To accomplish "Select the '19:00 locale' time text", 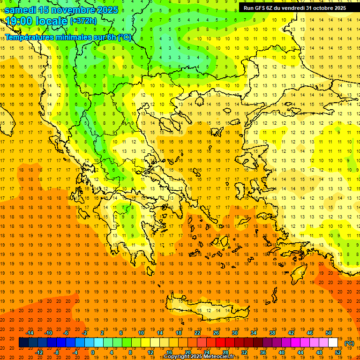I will (36, 21).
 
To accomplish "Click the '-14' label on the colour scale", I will (30, 333).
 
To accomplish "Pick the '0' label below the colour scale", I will (93, 352).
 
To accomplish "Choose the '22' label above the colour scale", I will (197, 333).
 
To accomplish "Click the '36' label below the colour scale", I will (263, 352).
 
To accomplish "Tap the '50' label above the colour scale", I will (329, 333).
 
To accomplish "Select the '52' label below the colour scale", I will (338, 352).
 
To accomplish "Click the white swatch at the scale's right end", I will (333, 343).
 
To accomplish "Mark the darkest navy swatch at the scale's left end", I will (23, 343).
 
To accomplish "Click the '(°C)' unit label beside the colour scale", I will (349, 343).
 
